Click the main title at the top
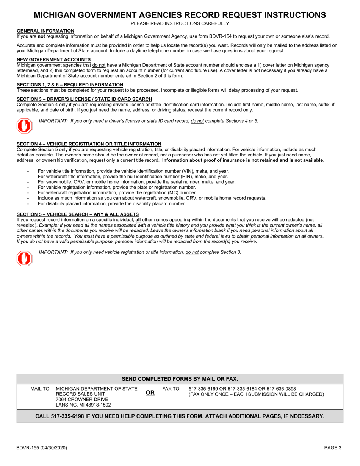180,15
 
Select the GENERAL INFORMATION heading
45,31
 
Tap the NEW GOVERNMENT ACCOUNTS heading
53,59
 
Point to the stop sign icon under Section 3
24,126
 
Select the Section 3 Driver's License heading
85,99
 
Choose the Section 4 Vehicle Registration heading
89,144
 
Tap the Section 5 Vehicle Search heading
78,214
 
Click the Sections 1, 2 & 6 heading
70,84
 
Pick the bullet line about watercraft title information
133,177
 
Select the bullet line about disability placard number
112,203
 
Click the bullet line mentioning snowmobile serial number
136,182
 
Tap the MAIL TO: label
40,389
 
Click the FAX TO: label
171,389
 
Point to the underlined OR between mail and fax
150,393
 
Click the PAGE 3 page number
332,447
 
